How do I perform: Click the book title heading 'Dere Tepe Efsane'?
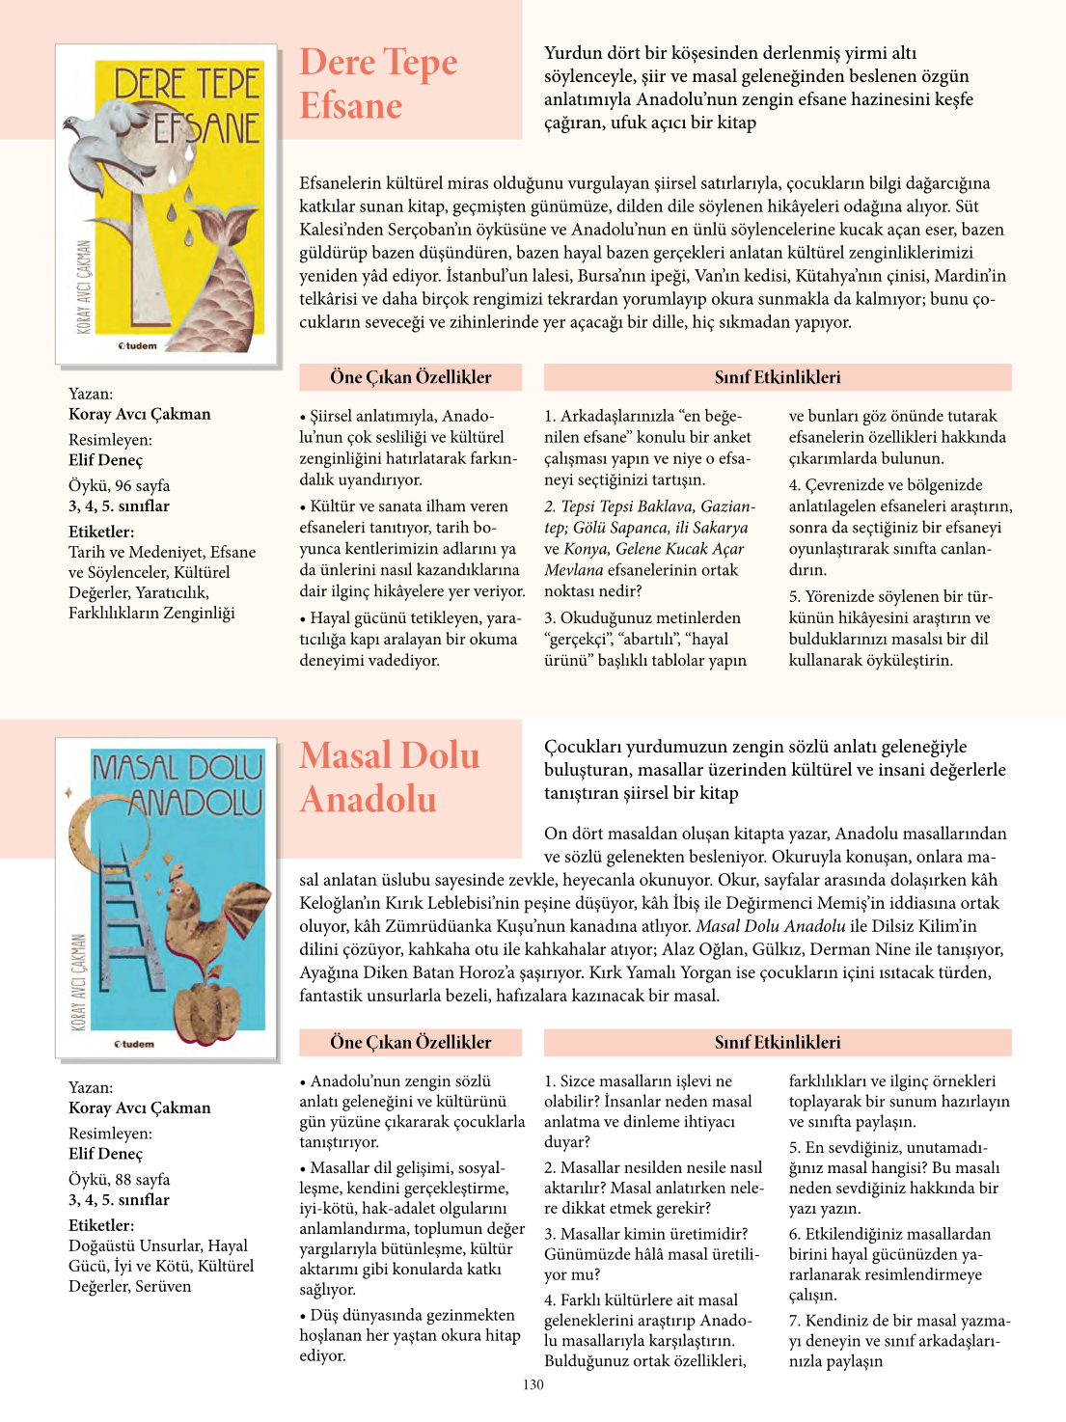tap(378, 84)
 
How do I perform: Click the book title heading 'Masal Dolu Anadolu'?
tap(389, 778)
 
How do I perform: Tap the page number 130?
tap(533, 1384)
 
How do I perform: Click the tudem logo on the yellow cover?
tap(137, 345)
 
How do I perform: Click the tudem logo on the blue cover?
tap(134, 1044)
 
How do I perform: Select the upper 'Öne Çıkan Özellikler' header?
tap(411, 377)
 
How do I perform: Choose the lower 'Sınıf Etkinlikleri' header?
tap(778, 1042)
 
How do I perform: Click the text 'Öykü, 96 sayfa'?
tap(119, 485)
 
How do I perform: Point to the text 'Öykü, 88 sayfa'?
tap(119, 1179)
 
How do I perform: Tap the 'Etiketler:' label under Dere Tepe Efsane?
tap(101, 532)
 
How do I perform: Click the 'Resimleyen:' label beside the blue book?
tap(110, 1134)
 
